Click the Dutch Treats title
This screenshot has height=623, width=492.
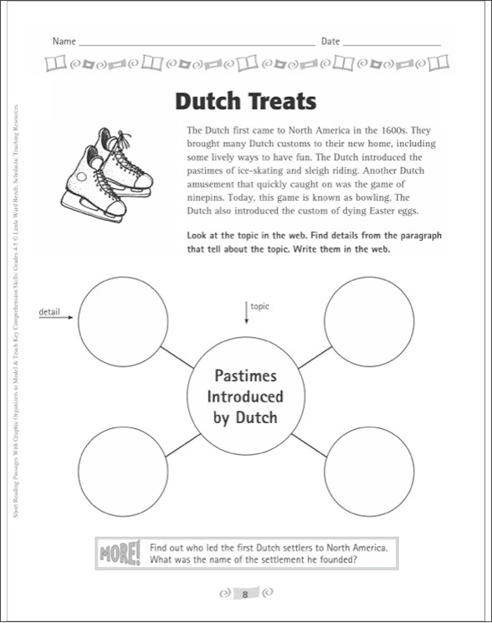click(x=246, y=101)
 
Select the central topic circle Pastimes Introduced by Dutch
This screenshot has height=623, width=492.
click(x=245, y=396)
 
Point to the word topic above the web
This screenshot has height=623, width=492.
click(x=262, y=306)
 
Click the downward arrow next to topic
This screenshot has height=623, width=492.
click(x=247, y=312)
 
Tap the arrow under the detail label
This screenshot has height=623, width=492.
click(x=57, y=319)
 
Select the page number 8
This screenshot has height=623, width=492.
click(x=245, y=595)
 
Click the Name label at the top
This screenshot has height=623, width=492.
click(x=64, y=41)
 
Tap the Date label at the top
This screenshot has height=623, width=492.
click(x=331, y=41)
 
